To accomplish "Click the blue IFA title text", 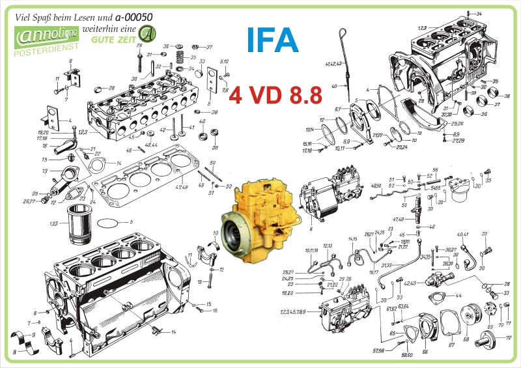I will click(273, 40).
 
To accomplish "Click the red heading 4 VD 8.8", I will click(275, 96).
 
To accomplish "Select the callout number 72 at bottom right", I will click(509, 337).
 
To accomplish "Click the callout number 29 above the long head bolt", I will click(139, 45).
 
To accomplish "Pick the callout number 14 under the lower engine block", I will click(173, 332).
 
